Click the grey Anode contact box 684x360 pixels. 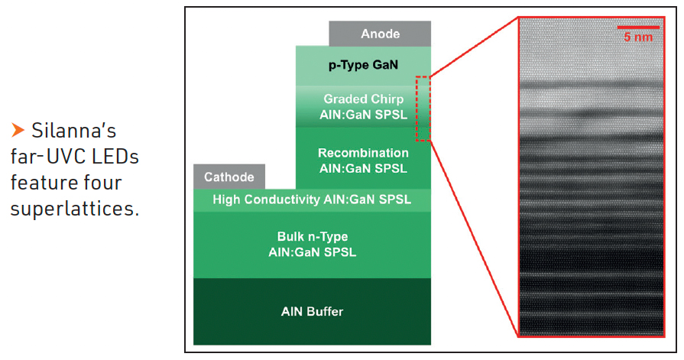(x=380, y=34)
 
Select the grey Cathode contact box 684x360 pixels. (x=229, y=177)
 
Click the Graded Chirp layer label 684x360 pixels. (x=363, y=99)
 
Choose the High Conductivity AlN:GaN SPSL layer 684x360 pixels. (x=312, y=199)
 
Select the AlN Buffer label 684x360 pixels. (x=312, y=311)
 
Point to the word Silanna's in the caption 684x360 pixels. (x=73, y=128)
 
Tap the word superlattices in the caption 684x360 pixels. (x=75, y=209)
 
